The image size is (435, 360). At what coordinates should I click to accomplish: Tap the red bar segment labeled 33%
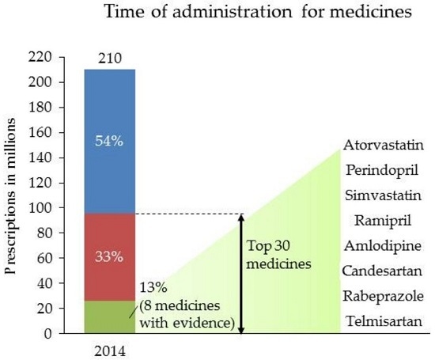[110, 256]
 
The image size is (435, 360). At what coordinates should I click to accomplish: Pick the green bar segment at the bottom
[110, 316]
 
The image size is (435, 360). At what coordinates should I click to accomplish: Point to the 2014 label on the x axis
[110, 349]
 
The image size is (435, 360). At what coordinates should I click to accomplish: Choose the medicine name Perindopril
[377, 170]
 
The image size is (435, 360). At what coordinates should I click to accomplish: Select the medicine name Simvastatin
[378, 195]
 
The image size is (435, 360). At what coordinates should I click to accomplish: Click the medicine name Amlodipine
[379, 246]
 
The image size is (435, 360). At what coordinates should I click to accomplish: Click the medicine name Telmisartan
[379, 322]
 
